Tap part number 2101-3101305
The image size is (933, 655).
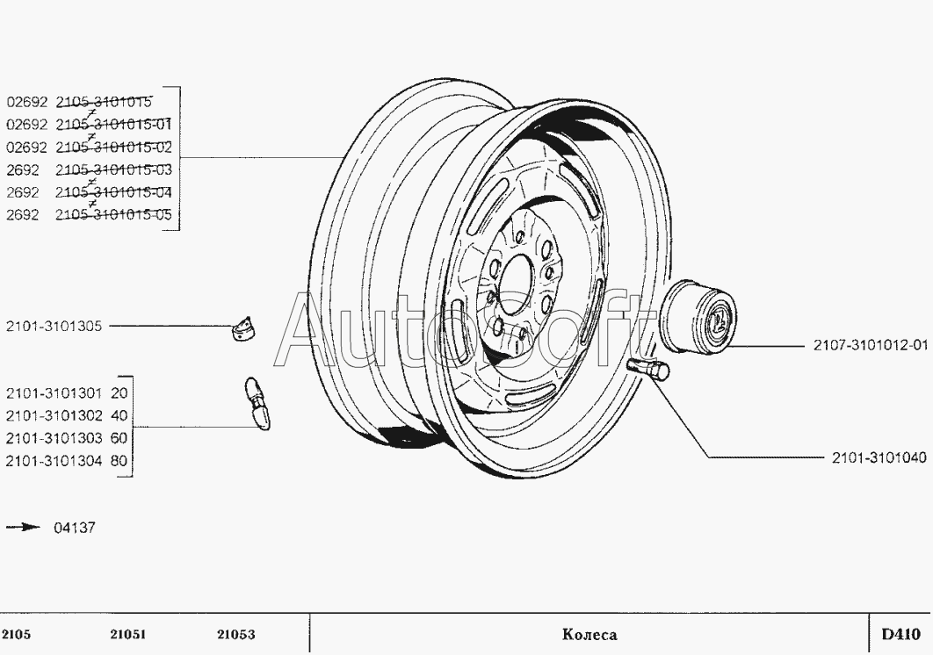[x=54, y=327]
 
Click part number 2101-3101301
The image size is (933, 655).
[x=54, y=392]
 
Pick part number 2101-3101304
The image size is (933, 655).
[x=54, y=460]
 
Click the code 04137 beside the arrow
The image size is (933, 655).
[x=75, y=528]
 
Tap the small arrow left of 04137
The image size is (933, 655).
[x=24, y=528]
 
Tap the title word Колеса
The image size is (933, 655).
[x=589, y=635]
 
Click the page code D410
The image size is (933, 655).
[x=900, y=634]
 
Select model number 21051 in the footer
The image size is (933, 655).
[x=128, y=635]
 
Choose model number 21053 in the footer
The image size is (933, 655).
[x=235, y=635]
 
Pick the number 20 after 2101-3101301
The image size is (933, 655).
[x=120, y=392]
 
